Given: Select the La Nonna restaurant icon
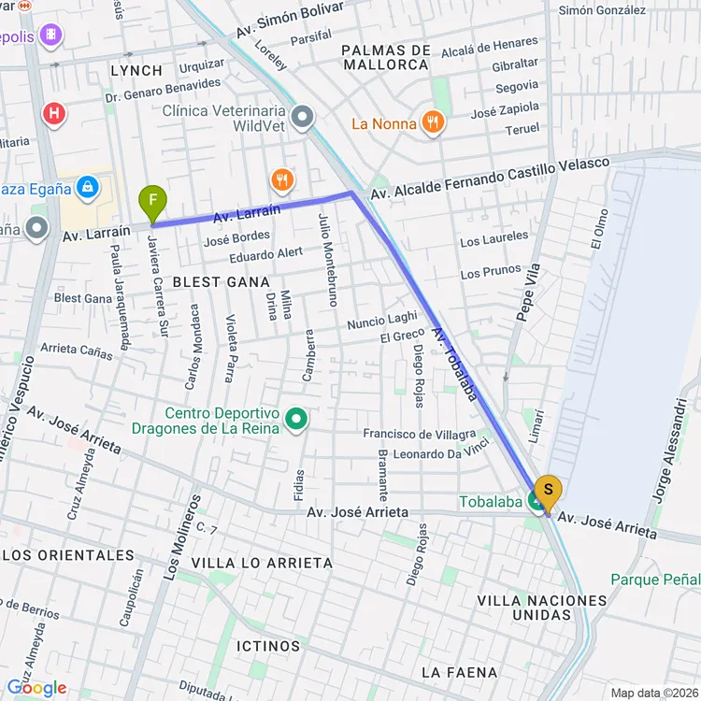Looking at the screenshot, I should pyautogui.click(x=432, y=123).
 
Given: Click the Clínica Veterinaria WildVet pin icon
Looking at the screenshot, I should pyautogui.click(x=302, y=118).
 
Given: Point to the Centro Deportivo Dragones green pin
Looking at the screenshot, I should pyautogui.click(x=296, y=420).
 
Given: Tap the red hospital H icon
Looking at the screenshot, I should pyautogui.click(x=55, y=114).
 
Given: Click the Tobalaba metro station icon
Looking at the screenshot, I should pyautogui.click(x=537, y=502).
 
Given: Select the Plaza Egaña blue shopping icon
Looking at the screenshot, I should pyautogui.click(x=87, y=187).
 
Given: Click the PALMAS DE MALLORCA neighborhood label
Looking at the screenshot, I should pyautogui.click(x=386, y=57).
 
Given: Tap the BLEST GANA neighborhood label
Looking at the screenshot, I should pyautogui.click(x=221, y=281).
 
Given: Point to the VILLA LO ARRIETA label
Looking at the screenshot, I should pyautogui.click(x=262, y=563).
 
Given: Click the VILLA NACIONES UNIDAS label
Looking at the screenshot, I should pyautogui.click(x=541, y=608).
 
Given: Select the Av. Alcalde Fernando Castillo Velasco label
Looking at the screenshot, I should pyautogui.click(x=490, y=178).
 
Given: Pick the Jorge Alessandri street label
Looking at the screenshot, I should pyautogui.click(x=671, y=451).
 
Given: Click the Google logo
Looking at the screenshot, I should pyautogui.click(x=36, y=688).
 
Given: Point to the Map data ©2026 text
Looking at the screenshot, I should pyautogui.click(x=653, y=693).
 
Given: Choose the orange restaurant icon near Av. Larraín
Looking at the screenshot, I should pyautogui.click(x=281, y=179).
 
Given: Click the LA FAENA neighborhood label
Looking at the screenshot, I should pyautogui.click(x=458, y=672).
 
